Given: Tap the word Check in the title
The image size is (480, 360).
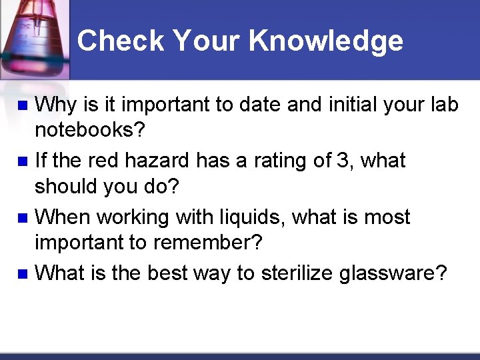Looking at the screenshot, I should coord(121,41).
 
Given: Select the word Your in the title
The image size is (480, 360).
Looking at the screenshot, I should coord(204,41).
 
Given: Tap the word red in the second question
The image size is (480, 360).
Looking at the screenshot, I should coord(109,161).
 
